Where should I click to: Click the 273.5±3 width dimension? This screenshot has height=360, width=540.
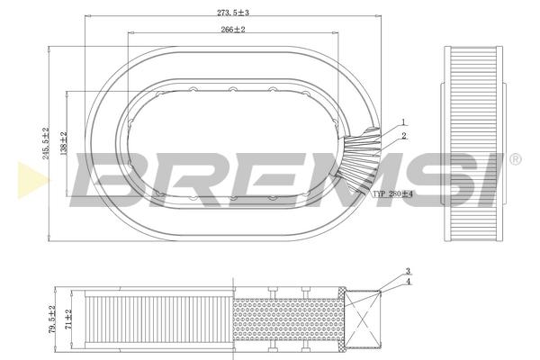pos(233,13)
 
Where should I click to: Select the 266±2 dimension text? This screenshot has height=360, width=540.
pos(233,30)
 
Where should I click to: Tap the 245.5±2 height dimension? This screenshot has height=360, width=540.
pos(46,143)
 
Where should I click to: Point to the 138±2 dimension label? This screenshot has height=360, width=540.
pos(64,143)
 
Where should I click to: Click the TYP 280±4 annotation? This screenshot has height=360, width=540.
pos(393,193)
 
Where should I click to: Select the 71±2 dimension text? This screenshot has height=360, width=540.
pos(68,319)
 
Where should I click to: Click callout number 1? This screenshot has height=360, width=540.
pos(403,122)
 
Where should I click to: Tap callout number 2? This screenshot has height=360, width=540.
pos(403,136)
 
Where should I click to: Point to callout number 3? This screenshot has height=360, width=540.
pos(408,272)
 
